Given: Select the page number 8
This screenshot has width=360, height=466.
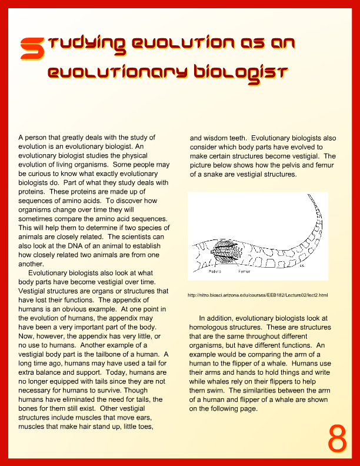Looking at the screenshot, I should pyautogui.click(x=337, y=438).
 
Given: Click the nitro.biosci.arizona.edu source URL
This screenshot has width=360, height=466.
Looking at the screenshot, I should pyautogui.click(x=257, y=295).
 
